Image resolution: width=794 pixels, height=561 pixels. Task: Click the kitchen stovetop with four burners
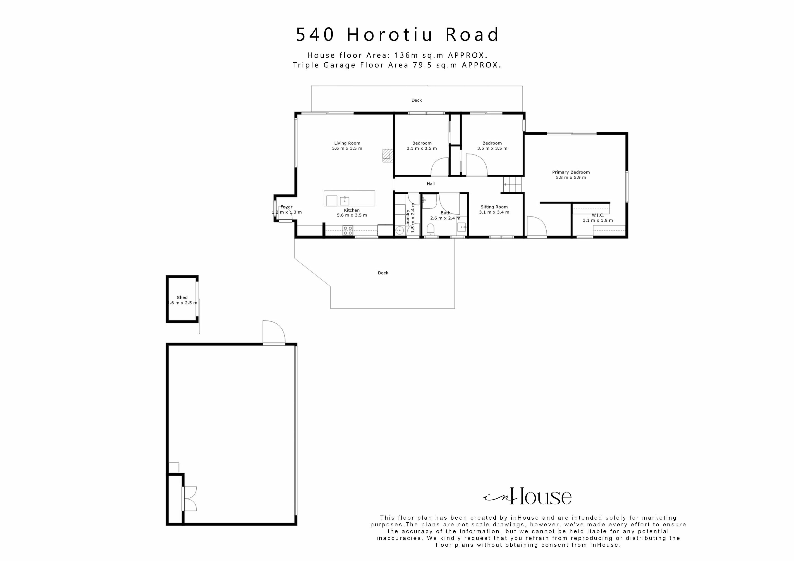[x=348, y=230]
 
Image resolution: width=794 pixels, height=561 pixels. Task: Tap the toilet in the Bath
[x=430, y=229]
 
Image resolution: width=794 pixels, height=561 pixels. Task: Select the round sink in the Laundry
[x=400, y=231]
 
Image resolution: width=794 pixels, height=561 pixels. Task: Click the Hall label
[x=430, y=184]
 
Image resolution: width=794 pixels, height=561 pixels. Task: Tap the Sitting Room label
[x=494, y=207]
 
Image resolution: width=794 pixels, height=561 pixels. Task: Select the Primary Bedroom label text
[x=571, y=172]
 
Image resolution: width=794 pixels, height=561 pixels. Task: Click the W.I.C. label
[x=598, y=215]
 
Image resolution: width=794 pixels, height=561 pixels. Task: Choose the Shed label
[x=182, y=297]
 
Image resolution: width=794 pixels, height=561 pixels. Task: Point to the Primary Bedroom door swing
[x=536, y=226]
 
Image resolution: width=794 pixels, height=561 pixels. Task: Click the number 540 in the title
[x=315, y=35]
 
